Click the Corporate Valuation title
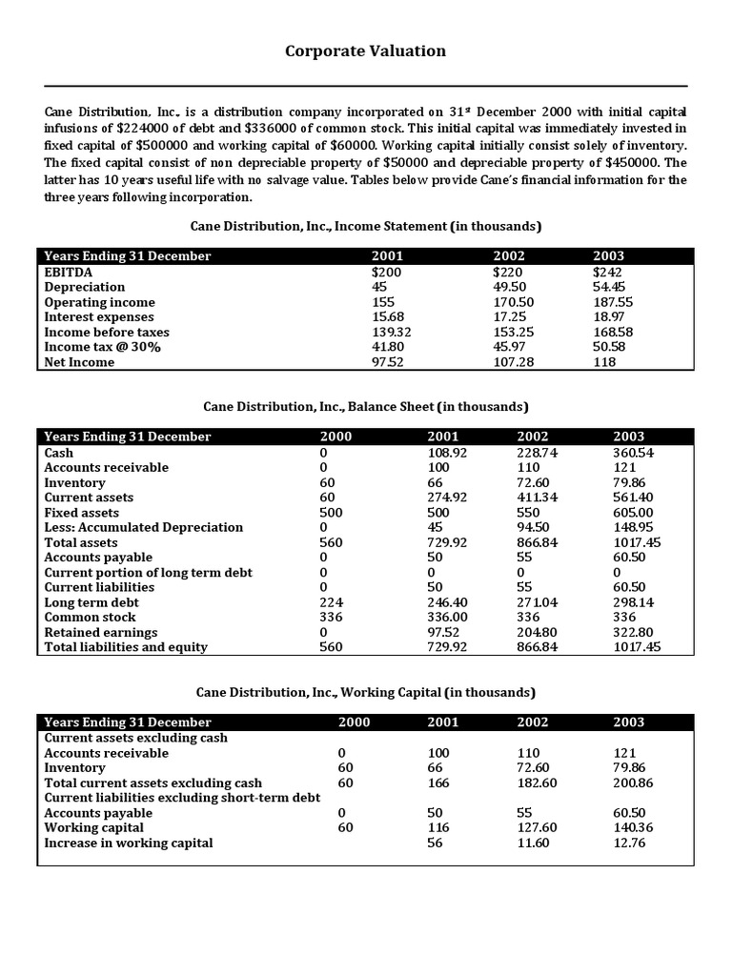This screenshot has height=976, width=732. [365, 51]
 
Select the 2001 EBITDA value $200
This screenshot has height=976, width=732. [385, 272]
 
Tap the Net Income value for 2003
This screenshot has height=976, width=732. [605, 361]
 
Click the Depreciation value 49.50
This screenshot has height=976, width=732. [510, 287]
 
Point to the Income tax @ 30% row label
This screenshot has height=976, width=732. [103, 347]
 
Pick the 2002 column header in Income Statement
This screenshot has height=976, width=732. [509, 256]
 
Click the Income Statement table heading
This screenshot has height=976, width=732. [365, 226]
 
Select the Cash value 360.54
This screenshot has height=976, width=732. [633, 453]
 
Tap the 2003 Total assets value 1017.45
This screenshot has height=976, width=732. [637, 542]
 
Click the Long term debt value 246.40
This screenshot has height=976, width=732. [448, 602]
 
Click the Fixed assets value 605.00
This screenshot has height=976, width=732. [633, 513]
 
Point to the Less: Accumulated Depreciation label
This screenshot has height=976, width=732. [144, 527]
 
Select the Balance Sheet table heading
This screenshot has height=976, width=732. [365, 407]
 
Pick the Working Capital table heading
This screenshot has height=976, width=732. [365, 692]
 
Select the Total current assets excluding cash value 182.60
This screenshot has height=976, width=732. [537, 783]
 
